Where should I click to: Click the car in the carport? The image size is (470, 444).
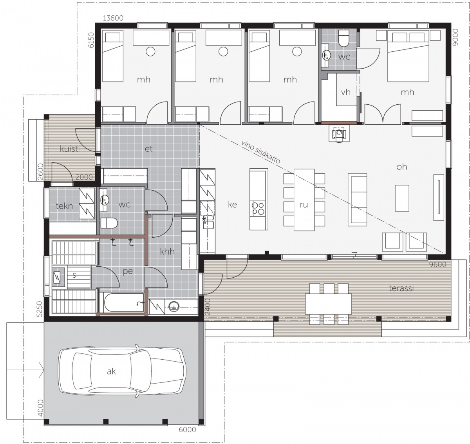[122, 371]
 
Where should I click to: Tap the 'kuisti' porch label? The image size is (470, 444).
[70, 149]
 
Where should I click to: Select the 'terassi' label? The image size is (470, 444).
[401, 288]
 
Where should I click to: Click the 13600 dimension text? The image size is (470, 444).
[113, 18]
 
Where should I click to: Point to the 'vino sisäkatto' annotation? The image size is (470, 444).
[261, 152]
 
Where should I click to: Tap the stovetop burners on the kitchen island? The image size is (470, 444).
[258, 208]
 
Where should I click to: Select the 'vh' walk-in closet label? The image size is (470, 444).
[345, 93]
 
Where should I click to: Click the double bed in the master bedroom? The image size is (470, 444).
[408, 56]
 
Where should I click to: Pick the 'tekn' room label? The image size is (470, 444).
[64, 206]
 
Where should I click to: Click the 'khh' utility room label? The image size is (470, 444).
[167, 251]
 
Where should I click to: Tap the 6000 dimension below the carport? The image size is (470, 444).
[187, 429]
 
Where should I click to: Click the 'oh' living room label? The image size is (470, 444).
[401, 167]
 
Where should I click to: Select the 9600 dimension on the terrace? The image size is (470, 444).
[437, 264]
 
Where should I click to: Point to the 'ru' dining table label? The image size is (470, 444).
[304, 205]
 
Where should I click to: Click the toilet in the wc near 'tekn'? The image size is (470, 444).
[109, 223]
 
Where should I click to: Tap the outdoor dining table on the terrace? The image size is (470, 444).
[328, 304]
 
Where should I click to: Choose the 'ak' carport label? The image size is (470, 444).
[111, 371]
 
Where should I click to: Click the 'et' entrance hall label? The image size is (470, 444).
[148, 149]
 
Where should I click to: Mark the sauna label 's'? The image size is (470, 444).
[74, 275]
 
